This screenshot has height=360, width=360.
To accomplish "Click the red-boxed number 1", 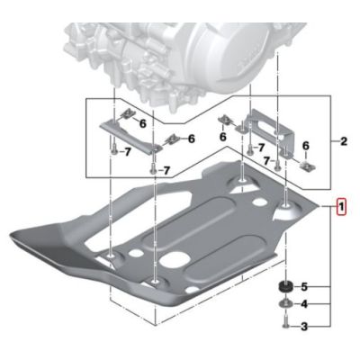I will tap(339, 206).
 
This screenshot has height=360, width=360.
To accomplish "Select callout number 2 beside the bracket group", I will tap(344, 141).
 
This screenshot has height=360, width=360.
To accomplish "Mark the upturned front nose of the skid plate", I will tap(36, 238).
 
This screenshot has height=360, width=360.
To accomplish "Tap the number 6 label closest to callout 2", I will tap(305, 145).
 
